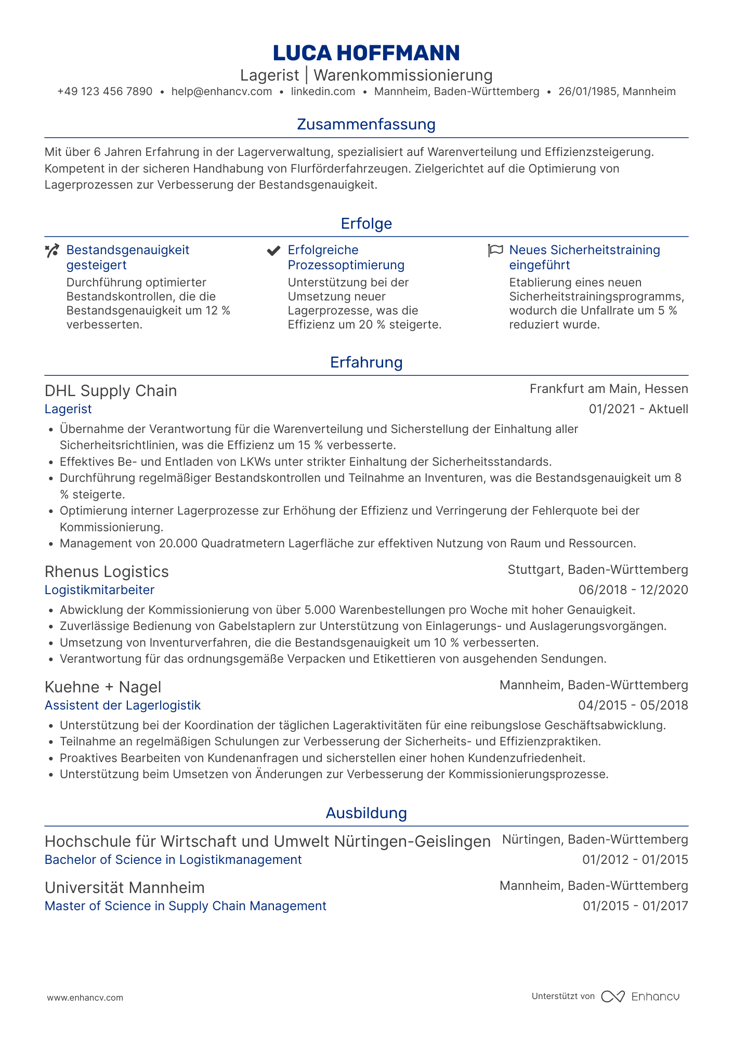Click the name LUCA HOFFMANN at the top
(x=366, y=53)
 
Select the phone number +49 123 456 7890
(x=104, y=92)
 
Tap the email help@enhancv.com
(x=221, y=92)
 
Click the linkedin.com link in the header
(x=323, y=92)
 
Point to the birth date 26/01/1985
(x=586, y=92)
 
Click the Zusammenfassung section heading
(x=366, y=125)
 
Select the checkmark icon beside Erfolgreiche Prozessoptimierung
(x=273, y=251)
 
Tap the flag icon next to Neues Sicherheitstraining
(x=495, y=251)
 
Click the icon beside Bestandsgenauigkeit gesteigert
(x=52, y=251)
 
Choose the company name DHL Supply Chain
(x=111, y=391)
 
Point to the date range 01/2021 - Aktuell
(x=638, y=409)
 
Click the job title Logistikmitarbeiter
(x=99, y=590)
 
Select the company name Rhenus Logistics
(x=107, y=572)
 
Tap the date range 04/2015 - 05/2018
(x=633, y=705)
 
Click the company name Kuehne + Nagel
(x=103, y=687)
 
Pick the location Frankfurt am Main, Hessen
(x=609, y=389)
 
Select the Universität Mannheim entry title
(x=125, y=887)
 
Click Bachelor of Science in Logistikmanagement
(x=173, y=860)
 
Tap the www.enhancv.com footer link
(x=85, y=997)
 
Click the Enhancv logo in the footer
(x=640, y=996)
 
